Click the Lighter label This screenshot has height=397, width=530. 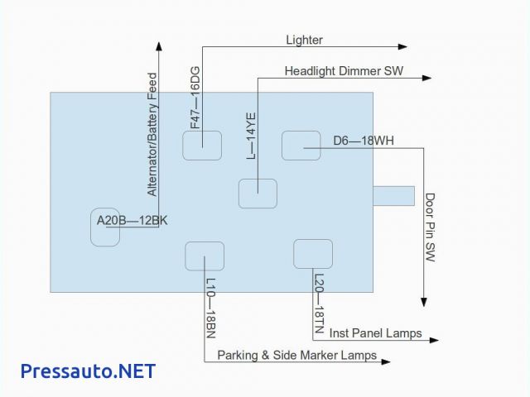click(304, 40)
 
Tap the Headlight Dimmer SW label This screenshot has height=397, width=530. click(344, 71)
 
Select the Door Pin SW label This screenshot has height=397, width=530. click(431, 227)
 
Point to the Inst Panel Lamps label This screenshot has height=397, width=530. click(375, 333)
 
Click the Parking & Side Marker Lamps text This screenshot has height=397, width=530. click(296, 356)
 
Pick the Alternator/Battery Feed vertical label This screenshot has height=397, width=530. click(152, 135)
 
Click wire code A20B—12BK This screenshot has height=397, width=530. click(132, 220)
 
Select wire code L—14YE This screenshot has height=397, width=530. click(251, 136)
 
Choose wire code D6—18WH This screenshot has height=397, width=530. click(364, 141)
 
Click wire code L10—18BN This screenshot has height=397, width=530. click(210, 308)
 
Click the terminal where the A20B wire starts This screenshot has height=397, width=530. click(105, 227)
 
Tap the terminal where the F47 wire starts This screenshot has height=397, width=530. click(202, 145)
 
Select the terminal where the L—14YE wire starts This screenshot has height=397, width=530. click(258, 193)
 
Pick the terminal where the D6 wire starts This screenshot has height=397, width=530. click(301, 146)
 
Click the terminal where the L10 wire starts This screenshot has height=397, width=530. click(205, 256)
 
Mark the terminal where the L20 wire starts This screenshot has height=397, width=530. click(313, 253)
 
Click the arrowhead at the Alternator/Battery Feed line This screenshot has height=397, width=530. click(158, 46)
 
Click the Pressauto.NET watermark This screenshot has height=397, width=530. click(88, 371)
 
